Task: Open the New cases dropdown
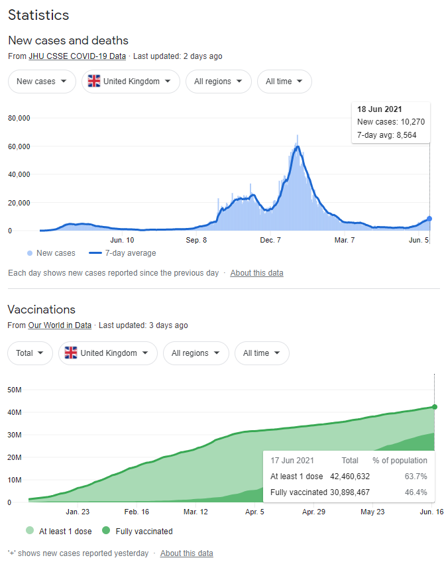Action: coord(40,82)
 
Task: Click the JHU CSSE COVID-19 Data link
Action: coord(77,56)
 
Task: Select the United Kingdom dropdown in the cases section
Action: coord(131,82)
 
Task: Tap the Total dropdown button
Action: coord(30,353)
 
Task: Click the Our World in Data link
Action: coord(60,325)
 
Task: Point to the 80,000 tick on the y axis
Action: coord(20,119)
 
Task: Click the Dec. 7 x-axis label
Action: coord(270,240)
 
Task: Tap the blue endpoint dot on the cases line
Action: coord(429,218)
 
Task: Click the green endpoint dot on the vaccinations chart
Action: coord(435,407)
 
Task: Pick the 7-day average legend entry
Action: coord(122,253)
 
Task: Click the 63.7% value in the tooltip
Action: coord(416,477)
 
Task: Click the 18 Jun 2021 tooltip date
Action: coord(379,109)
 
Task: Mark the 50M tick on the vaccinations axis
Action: coord(15,390)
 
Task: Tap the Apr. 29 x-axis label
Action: coord(313,512)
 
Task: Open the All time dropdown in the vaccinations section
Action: coord(262,353)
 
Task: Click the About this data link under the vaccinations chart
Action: coord(186,553)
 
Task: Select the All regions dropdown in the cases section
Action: coord(218,82)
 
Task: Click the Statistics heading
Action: coord(38,15)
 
